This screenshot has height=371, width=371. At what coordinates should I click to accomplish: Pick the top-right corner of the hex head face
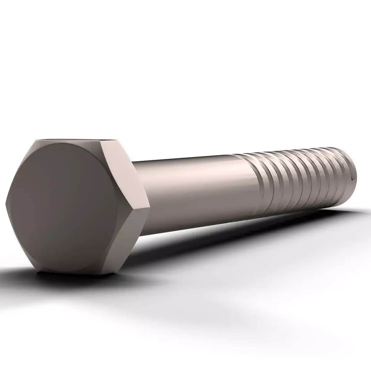click(x=102, y=143)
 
